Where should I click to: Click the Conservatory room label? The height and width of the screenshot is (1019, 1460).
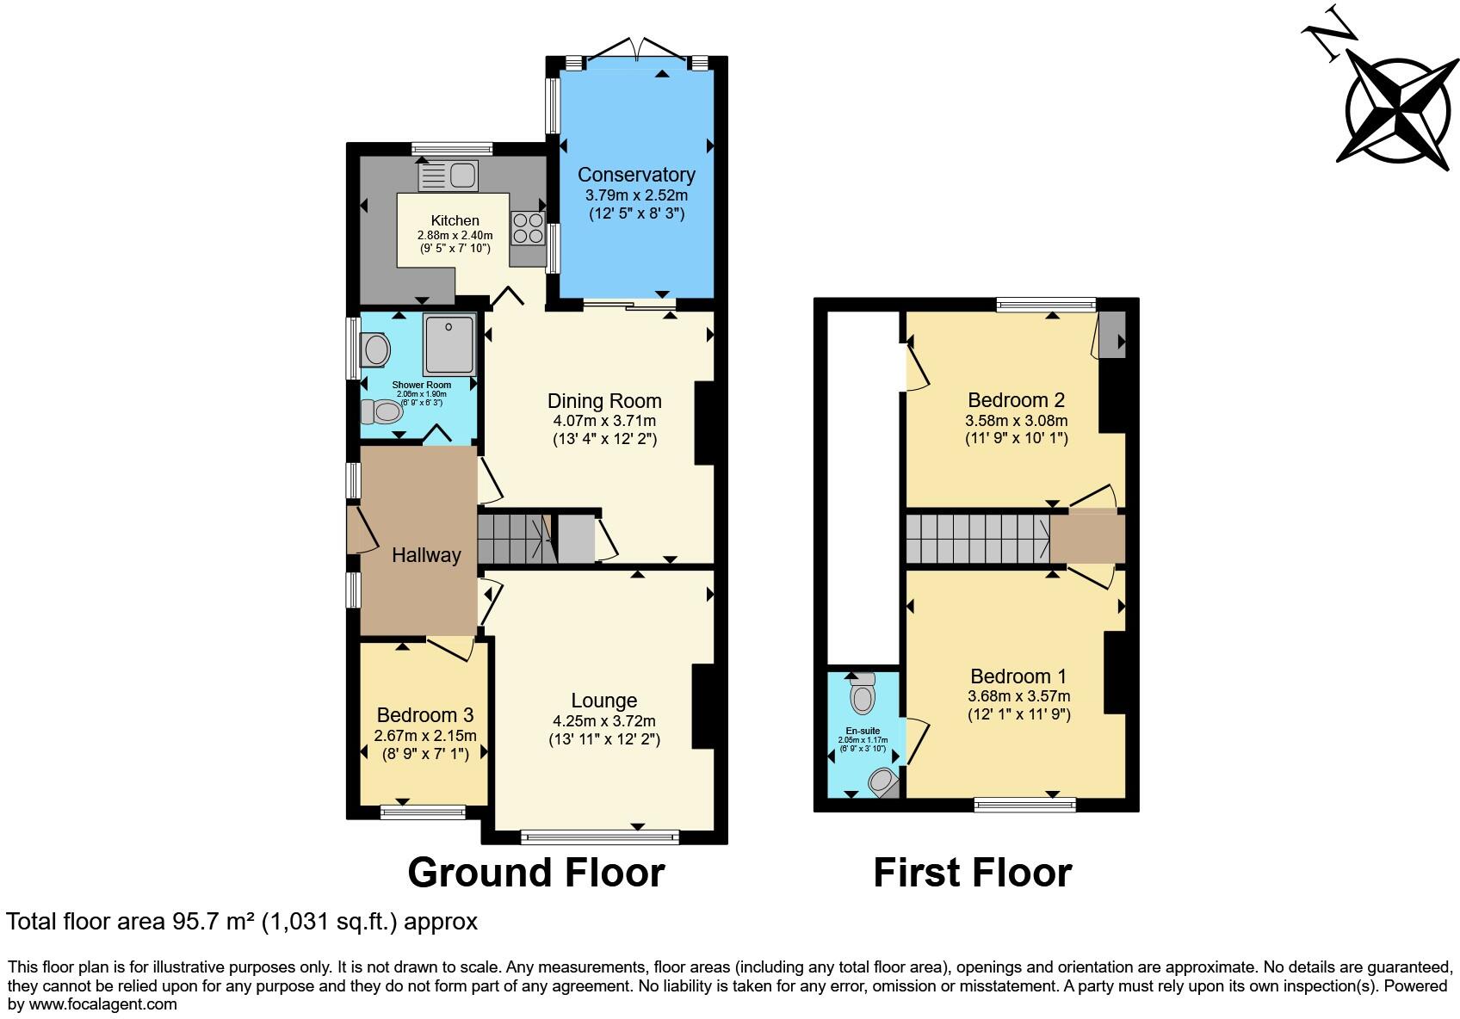tap(636, 175)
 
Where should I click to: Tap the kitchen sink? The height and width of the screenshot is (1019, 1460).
tap(449, 176)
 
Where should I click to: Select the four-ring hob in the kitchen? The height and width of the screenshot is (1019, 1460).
tap(527, 228)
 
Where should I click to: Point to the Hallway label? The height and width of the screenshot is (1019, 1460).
tap(426, 555)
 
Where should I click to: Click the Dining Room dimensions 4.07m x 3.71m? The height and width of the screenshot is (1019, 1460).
tap(604, 421)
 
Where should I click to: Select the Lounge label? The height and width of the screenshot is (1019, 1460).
tap(604, 701)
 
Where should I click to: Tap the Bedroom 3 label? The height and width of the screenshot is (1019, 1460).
tap(425, 715)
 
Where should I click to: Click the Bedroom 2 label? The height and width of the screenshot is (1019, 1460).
tap(1016, 400)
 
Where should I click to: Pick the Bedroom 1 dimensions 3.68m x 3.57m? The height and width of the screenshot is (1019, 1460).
tap(1019, 696)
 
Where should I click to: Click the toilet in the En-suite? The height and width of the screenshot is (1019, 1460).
tap(862, 694)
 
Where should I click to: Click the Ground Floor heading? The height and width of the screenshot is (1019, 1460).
tap(535, 872)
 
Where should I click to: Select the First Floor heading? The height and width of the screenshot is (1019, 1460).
tap(972, 872)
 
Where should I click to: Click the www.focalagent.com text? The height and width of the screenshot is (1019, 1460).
tap(102, 1004)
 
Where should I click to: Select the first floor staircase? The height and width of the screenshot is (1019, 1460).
tap(977, 540)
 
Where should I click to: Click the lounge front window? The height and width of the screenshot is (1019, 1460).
tap(600, 837)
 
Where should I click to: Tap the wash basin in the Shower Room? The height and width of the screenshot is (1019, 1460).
tap(377, 350)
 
